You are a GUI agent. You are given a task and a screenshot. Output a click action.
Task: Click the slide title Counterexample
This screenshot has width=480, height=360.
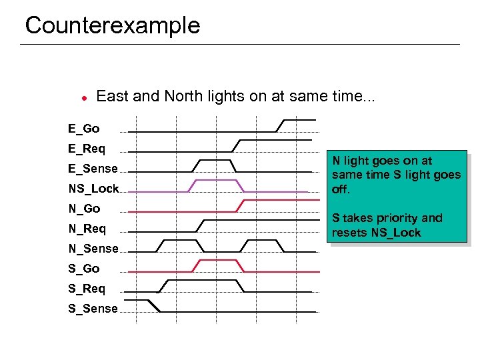point(112,25)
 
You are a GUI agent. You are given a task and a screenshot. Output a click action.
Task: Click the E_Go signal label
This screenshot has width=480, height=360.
point(83,128)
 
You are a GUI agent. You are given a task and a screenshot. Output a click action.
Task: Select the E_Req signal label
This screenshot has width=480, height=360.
point(86,149)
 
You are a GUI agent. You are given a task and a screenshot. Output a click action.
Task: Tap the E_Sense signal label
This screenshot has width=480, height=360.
point(93,169)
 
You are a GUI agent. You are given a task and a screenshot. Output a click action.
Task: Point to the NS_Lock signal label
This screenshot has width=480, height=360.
point(93,189)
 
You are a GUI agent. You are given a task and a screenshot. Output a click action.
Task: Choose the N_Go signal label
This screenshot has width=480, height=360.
point(84,209)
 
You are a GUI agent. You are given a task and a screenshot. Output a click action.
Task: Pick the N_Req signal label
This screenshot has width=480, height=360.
point(87,229)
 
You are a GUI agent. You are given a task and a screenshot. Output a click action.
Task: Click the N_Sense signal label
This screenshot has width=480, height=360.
point(93,249)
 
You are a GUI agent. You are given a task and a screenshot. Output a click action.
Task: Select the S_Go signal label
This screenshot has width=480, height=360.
point(84,269)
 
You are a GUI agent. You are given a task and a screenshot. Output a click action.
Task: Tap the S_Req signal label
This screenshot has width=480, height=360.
point(86,289)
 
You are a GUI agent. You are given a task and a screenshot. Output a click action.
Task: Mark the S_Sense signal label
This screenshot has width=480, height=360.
point(93,309)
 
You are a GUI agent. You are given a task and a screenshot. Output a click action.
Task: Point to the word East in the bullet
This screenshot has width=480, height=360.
point(113,96)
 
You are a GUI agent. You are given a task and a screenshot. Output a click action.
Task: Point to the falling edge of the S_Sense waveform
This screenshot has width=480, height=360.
point(153,305)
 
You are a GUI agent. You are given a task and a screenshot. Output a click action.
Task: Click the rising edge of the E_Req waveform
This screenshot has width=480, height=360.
point(236,145)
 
